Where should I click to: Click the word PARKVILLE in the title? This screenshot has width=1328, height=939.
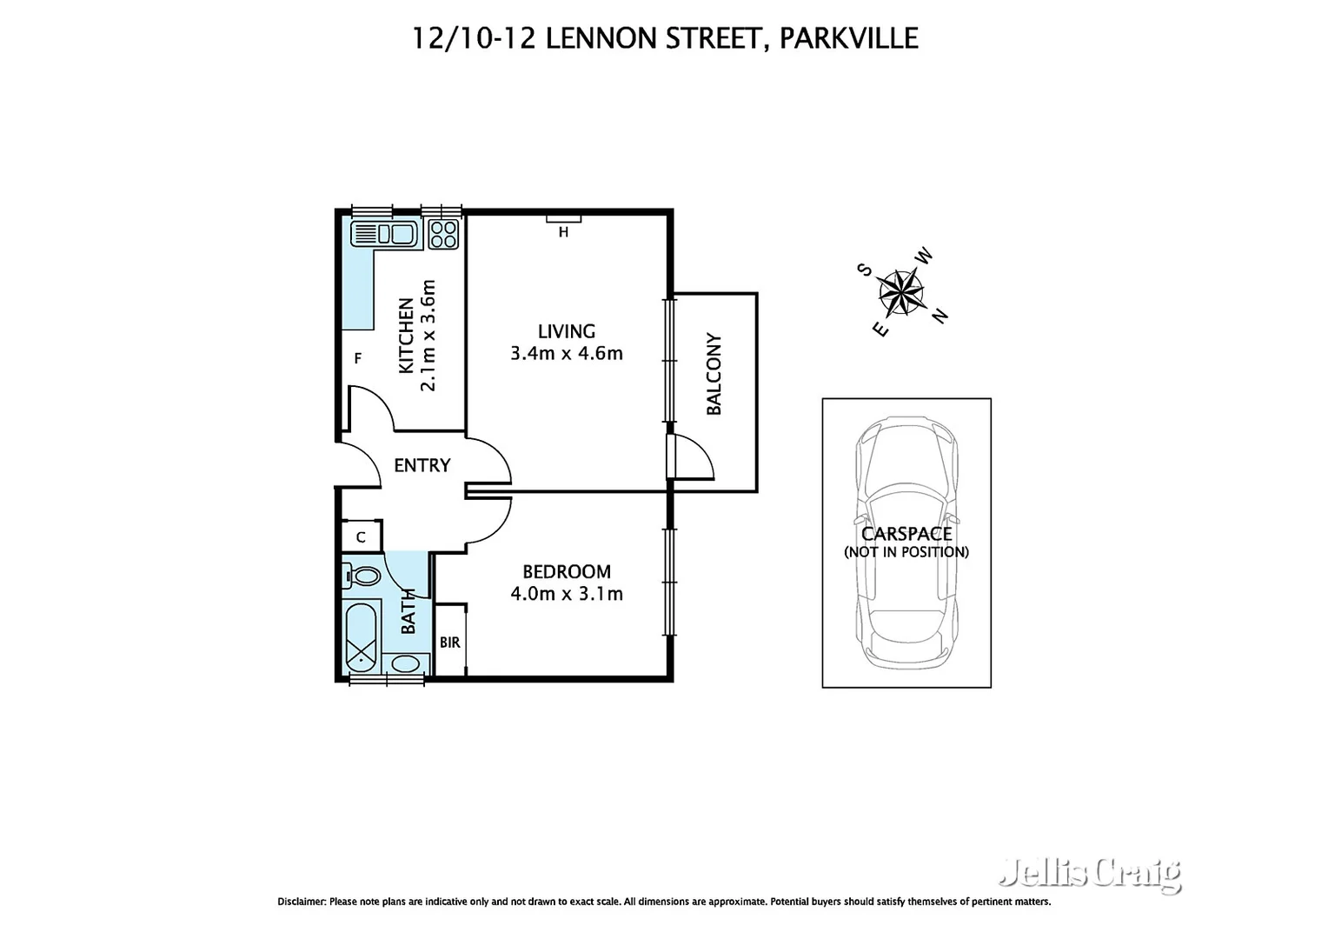tap(848, 38)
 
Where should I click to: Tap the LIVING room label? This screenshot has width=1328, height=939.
tap(566, 331)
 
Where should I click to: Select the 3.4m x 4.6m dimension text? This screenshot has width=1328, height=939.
tap(566, 354)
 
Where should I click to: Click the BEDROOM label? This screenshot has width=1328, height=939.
tap(566, 572)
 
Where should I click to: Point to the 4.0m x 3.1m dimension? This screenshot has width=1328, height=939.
tap(566, 595)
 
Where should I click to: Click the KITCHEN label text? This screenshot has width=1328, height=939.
tap(406, 336)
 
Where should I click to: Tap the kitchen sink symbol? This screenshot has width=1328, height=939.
tap(383, 234)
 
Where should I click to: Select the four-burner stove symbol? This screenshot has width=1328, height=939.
tap(443, 234)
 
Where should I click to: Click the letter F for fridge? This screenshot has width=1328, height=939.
tap(357, 358)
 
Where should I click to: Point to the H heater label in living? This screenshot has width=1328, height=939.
tap(563, 232)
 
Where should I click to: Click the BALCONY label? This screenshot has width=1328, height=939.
tap(714, 374)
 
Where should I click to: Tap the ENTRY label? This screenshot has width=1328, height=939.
tap(422, 466)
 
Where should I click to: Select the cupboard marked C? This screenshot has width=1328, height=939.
tap(361, 537)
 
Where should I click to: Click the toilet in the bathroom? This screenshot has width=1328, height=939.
tap(363, 576)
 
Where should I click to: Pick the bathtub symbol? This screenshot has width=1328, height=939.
tap(362, 636)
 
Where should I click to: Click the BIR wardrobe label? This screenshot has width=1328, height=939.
tap(449, 643)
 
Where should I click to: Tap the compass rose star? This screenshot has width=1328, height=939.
tap(900, 292)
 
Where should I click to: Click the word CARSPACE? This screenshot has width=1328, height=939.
tap(906, 534)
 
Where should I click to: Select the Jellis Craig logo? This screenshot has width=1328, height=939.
tap(1089, 872)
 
